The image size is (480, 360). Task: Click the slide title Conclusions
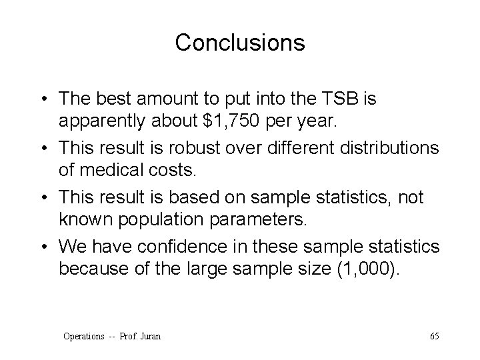[x=240, y=43]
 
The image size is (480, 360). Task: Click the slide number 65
[x=434, y=336]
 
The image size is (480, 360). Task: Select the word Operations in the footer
[x=83, y=336]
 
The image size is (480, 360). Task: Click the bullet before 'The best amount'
[x=43, y=99]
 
